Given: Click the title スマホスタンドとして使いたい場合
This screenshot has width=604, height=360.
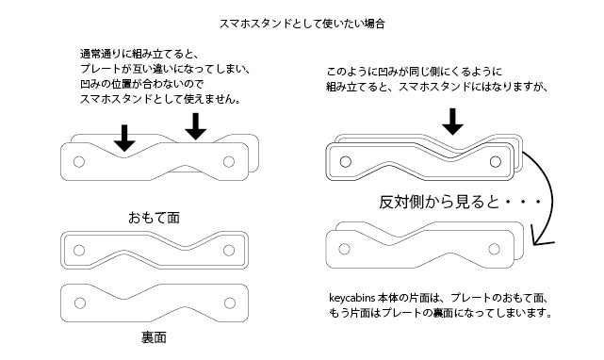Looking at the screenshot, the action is pyautogui.click(x=302, y=24).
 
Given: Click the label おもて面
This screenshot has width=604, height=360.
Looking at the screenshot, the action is pyautogui.click(x=155, y=218).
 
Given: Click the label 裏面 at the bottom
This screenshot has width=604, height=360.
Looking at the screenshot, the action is pyautogui.click(x=154, y=337).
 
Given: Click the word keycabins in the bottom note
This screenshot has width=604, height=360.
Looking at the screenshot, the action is pyautogui.click(x=352, y=298).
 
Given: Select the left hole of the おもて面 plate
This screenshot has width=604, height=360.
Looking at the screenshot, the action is pyautogui.click(x=79, y=251).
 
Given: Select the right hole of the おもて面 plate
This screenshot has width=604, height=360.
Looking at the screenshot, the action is pyautogui.click(x=229, y=251).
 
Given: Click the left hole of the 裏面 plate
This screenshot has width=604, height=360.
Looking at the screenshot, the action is pyautogui.click(x=80, y=303).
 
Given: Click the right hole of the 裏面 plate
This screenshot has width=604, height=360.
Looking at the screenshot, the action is pyautogui.click(x=230, y=303).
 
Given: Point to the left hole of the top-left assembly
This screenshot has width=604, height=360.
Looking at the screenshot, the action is pyautogui.click(x=79, y=162).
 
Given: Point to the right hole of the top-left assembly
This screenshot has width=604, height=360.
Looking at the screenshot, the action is pyautogui.click(x=229, y=162).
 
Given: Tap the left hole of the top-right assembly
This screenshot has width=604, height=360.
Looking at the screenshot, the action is pyautogui.click(x=346, y=162).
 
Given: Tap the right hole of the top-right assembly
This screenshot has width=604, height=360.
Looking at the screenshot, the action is pyautogui.click(x=496, y=162).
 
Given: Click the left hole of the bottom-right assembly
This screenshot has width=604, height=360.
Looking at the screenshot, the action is pyautogui.click(x=344, y=249).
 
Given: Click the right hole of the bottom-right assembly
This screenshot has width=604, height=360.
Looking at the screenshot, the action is pyautogui.click(x=494, y=249).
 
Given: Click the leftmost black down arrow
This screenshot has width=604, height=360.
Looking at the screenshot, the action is pyautogui.click(x=124, y=138).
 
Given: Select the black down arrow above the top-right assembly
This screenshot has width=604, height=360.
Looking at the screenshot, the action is pyautogui.click(x=452, y=122).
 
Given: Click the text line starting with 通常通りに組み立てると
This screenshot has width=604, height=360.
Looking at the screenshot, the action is pyautogui.click(x=139, y=54).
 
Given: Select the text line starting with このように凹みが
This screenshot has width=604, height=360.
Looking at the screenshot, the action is pyautogui.click(x=414, y=72).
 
